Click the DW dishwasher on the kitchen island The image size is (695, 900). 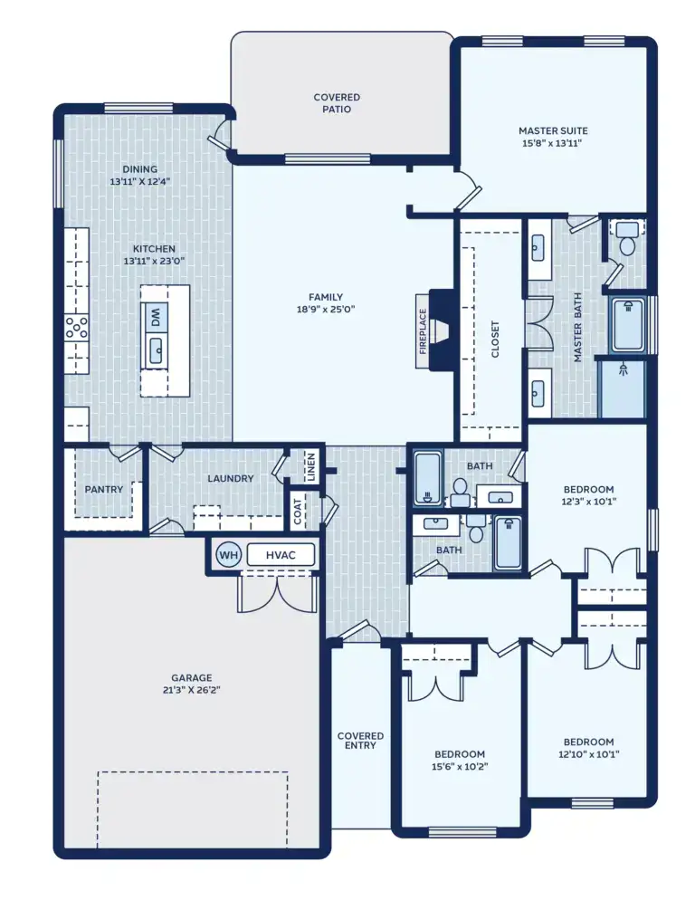coord(155,317)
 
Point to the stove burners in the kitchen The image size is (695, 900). coord(77,326)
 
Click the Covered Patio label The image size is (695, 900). coord(337,103)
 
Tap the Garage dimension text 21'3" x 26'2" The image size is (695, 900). coord(191,690)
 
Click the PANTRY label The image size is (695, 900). coord(103,490)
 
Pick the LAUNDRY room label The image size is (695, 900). coord(230,479)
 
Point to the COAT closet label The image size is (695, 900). coord(297,512)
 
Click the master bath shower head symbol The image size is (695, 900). coord(622,369)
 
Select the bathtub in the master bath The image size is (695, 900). coord(626,325)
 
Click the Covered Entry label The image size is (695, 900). coord(360,741)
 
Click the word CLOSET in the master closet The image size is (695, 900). coord(495,340)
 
